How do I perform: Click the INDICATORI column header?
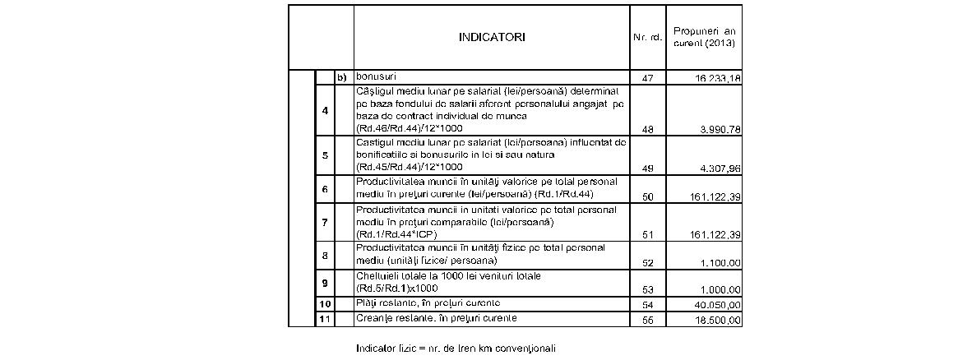[x=491, y=37]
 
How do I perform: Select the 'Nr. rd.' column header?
[x=646, y=38]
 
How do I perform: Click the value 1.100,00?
[x=715, y=262]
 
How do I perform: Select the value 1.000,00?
[x=715, y=290]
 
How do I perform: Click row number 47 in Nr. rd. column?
[x=646, y=77]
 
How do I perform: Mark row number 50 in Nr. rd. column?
[x=646, y=197]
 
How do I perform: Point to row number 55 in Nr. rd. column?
[x=646, y=320]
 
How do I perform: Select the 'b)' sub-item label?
[x=344, y=77]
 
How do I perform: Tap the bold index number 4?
[x=326, y=109]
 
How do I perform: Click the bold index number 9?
[x=326, y=283]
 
